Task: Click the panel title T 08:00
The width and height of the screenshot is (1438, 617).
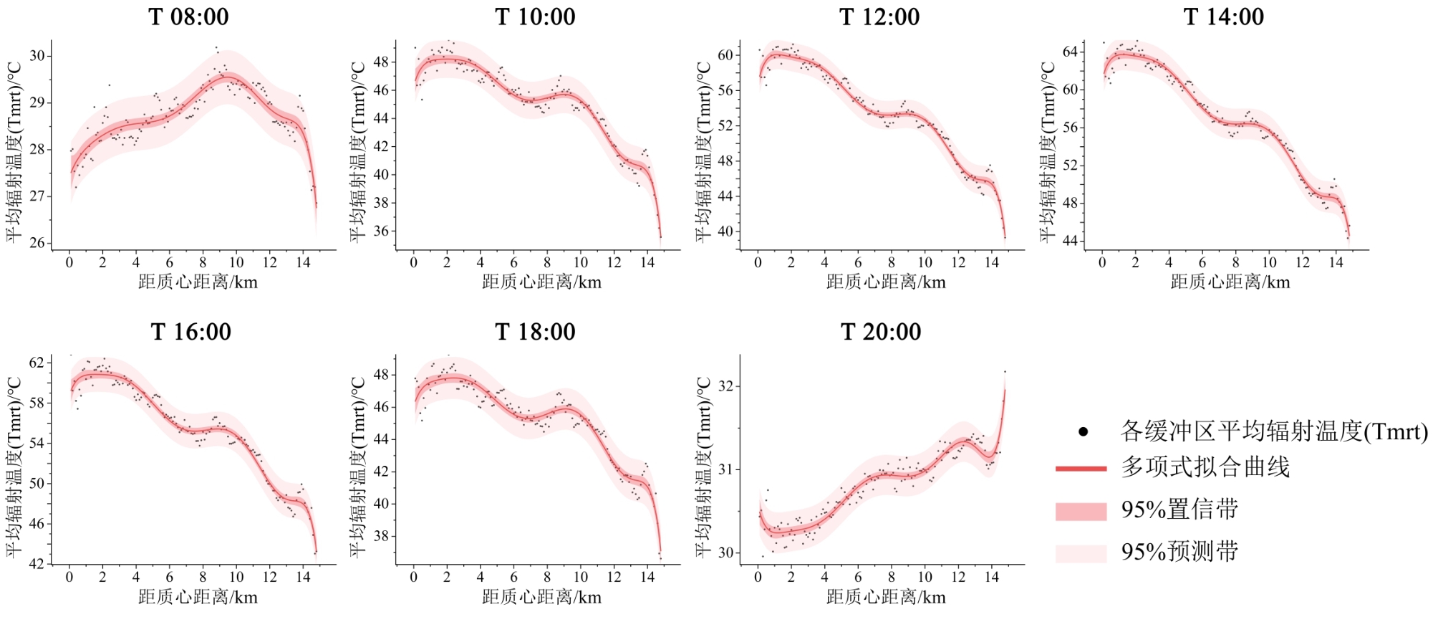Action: coord(188,16)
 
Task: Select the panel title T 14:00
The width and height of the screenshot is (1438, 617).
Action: coord(1223,16)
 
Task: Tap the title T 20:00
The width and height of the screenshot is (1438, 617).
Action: coord(880,332)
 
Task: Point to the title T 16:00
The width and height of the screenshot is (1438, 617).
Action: coord(190,332)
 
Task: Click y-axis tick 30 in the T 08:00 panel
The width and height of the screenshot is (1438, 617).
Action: coord(37,56)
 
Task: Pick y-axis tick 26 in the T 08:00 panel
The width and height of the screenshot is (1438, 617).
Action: coord(37,243)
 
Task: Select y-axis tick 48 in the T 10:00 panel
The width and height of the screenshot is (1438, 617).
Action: coord(381,62)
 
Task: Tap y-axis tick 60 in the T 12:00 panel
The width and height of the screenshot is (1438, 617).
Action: coord(725,55)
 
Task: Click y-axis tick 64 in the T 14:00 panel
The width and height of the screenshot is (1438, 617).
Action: coord(1070,52)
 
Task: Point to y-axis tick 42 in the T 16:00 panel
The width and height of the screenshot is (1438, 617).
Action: coord(37,564)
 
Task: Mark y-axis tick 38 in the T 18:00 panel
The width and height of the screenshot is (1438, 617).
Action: coord(381,536)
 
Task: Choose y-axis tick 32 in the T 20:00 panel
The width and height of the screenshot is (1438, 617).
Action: coord(725,386)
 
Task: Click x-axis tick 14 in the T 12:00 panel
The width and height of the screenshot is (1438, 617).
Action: coord(992,263)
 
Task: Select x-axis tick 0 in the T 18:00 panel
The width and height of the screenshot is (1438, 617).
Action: coord(413,578)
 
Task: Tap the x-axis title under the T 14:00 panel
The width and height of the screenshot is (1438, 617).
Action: coord(1230,282)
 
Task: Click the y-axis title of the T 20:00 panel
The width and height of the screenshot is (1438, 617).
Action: coord(703,467)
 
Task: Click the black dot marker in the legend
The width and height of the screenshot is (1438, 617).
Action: coord(1084,431)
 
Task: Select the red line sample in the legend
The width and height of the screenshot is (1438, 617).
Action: coord(1081,469)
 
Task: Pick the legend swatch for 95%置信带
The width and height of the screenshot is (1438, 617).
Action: coord(1081,511)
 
